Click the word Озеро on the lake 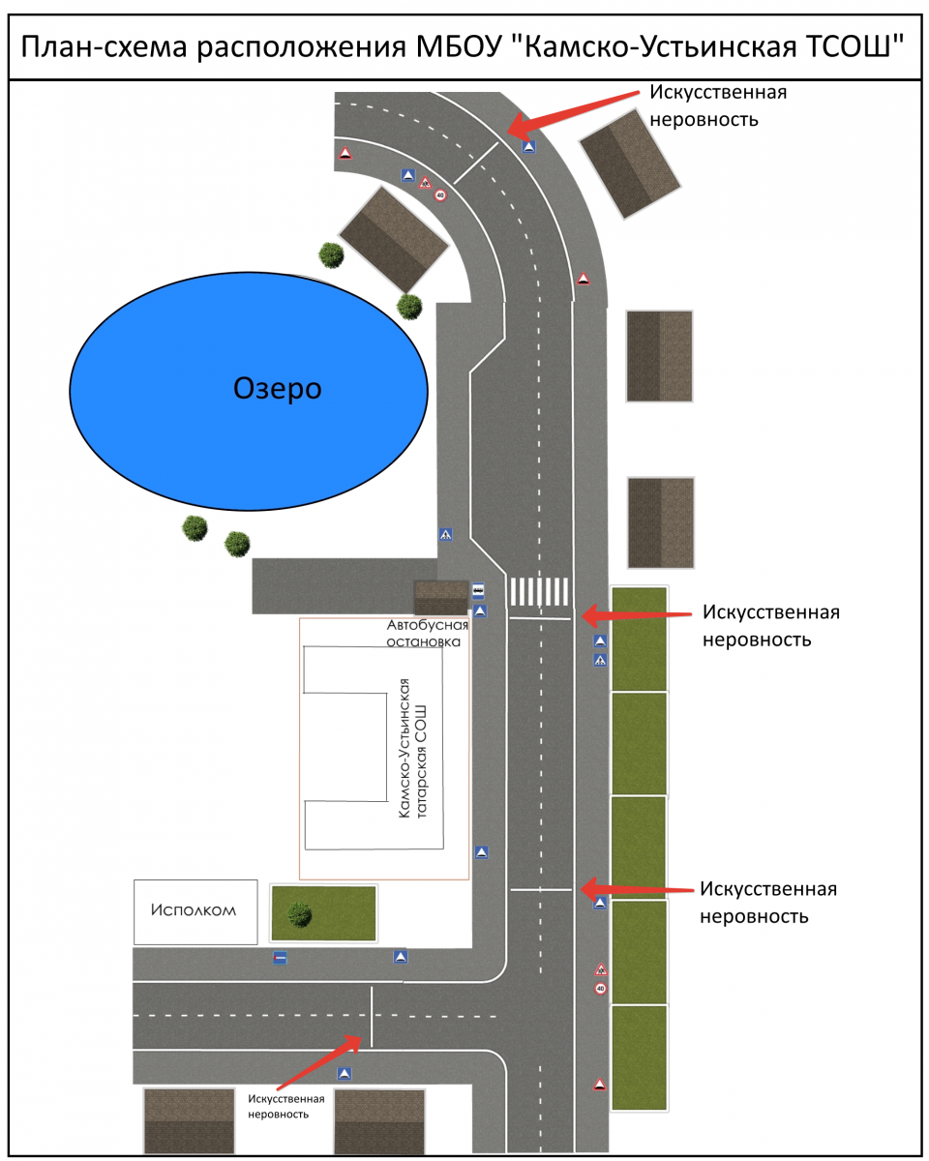[x=277, y=389]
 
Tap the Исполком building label [x=194, y=910]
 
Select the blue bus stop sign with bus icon [x=478, y=590]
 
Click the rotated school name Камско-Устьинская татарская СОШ [x=413, y=749]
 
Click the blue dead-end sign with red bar [x=280, y=958]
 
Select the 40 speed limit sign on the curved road [x=440, y=195]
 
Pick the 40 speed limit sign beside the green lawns [x=600, y=989]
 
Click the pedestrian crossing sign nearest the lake [x=445, y=534]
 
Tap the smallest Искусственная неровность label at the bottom [x=285, y=1106]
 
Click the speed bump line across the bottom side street [x=372, y=1016]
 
